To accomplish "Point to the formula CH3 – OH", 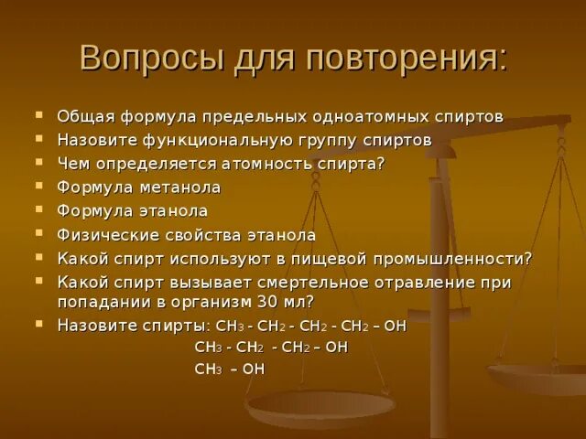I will [229, 368].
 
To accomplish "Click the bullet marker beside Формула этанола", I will [39, 209].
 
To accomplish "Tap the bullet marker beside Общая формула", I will [39, 116].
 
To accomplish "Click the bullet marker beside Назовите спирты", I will [39, 323].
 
